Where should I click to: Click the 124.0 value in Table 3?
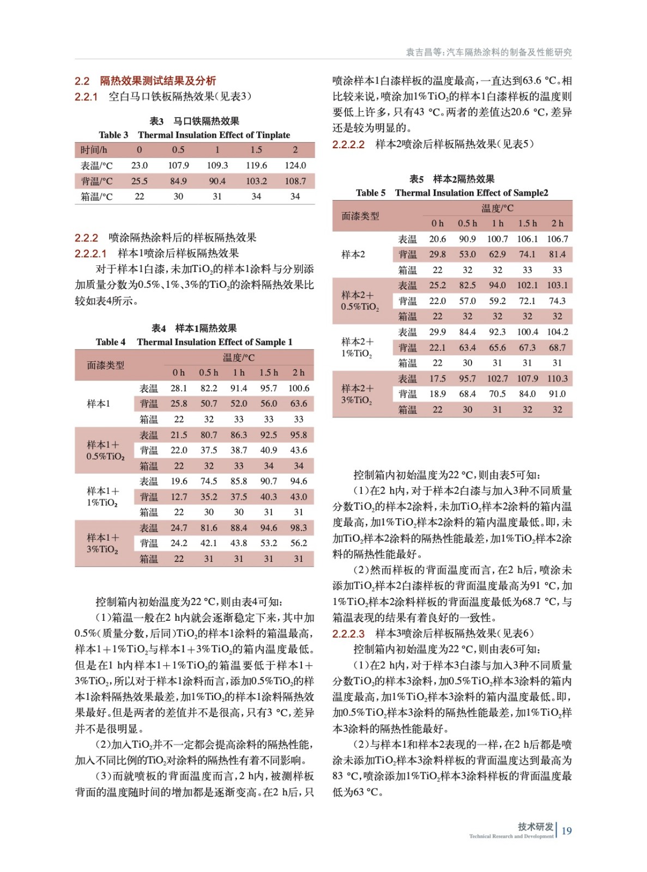point(295,165)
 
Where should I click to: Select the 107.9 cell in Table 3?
point(178,165)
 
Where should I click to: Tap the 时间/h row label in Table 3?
point(94,150)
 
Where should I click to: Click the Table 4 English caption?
point(194,342)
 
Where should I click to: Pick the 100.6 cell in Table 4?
point(299,388)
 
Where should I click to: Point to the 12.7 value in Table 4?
point(179,496)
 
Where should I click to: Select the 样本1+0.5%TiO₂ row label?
point(105,450)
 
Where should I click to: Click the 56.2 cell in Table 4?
point(299,543)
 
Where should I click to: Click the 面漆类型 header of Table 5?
point(360,216)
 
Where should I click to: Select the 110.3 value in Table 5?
point(557,378)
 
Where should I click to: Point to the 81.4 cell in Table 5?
point(557,254)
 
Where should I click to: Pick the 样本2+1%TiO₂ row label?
point(358,347)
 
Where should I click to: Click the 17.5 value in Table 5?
point(437,378)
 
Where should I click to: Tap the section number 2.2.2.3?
point(348,634)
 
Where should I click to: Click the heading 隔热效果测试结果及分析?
point(158,81)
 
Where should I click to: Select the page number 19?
point(567,831)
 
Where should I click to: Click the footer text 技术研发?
point(535,827)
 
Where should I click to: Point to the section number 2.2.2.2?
point(348,144)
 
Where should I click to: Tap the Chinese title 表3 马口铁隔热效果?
point(194,121)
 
